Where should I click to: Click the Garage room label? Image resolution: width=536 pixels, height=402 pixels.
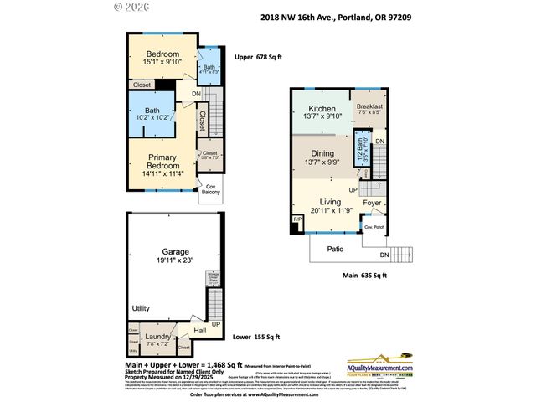175,251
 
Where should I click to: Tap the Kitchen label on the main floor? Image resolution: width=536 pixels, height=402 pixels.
322,109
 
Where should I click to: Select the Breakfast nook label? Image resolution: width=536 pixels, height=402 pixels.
369,107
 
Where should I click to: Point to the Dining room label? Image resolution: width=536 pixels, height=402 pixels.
322,153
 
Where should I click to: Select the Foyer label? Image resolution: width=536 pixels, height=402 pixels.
372,202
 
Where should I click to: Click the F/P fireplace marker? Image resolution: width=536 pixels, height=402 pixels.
296,220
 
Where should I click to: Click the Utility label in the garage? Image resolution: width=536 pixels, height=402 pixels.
140,309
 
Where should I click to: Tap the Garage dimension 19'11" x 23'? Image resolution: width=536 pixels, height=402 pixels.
175,261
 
